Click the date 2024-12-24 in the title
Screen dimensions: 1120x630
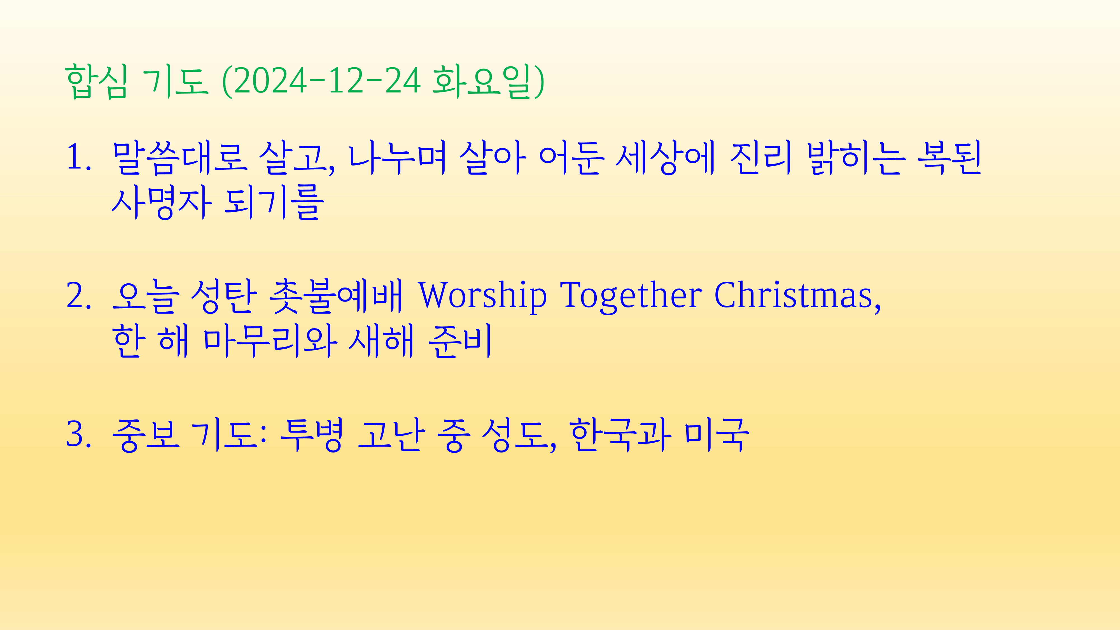pyautogui.click(x=327, y=81)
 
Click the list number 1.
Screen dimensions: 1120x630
pyautogui.click(x=79, y=157)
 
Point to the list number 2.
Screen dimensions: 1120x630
pyautogui.click(x=79, y=296)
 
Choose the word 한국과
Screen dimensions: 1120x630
pyautogui.click(x=620, y=435)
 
